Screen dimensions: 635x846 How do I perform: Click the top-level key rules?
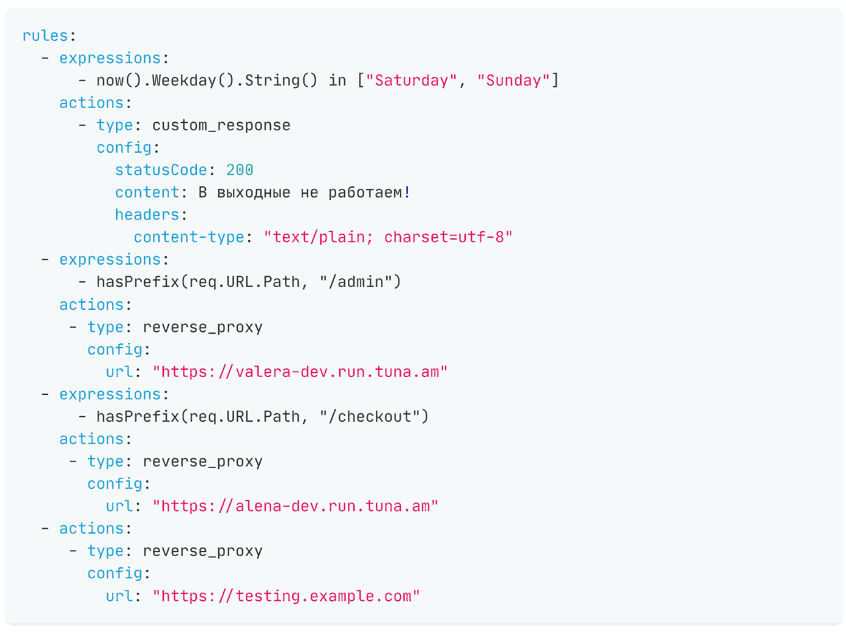[45, 35]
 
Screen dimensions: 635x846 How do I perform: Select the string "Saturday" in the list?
[411, 81]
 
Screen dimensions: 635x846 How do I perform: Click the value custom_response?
[221, 125]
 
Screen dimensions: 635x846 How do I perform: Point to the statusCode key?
[161, 170]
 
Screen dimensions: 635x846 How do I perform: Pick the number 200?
[240, 170]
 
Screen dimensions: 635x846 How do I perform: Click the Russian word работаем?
[366, 193]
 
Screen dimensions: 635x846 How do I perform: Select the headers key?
[147, 215]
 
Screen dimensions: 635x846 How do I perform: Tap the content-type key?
[189, 237]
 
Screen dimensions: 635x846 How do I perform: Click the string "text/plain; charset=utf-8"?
[388, 237]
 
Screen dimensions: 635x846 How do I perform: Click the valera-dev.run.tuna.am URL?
[300, 372]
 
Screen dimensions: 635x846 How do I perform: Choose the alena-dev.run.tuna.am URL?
[295, 506]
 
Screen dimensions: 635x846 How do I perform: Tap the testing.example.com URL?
[286, 596]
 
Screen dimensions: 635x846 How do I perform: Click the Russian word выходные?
[254, 193]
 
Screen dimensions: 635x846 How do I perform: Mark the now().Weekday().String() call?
[207, 81]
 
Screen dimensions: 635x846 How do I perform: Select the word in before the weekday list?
[337, 81]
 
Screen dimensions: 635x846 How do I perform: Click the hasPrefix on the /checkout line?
[138, 416]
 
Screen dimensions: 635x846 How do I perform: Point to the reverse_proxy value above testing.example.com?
[203, 551]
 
